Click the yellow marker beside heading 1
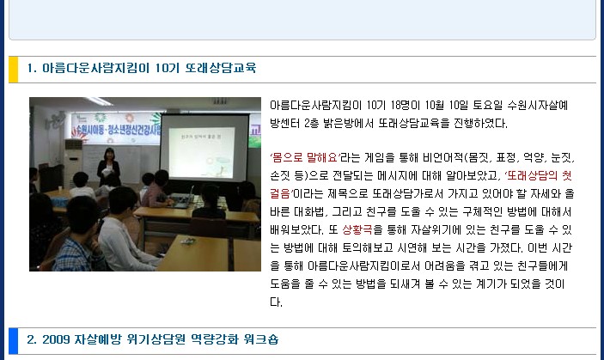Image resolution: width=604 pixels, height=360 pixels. coord(14,70)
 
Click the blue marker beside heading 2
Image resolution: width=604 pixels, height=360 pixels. coord(14,341)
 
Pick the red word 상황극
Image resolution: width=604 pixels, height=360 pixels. coord(357,230)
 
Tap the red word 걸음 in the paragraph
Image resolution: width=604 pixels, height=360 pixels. coord(281,193)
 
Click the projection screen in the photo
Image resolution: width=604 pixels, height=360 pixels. coord(205,148)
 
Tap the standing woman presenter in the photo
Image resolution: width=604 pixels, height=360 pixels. coord(108,167)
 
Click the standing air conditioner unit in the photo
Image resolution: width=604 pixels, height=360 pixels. coord(73,163)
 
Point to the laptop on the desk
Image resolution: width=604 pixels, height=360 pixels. coord(183,198)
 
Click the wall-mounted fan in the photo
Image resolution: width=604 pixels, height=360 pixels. coord(55,122)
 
